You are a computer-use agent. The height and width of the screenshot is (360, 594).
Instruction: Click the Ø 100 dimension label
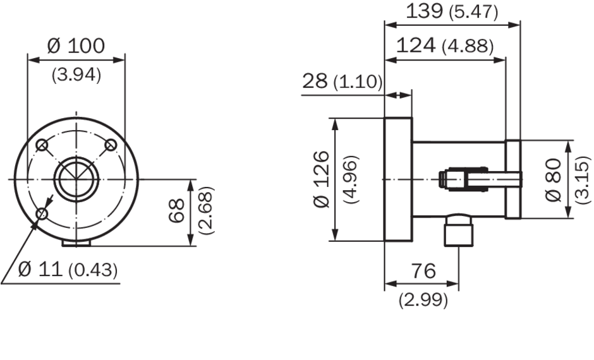pyautogui.click(x=76, y=45)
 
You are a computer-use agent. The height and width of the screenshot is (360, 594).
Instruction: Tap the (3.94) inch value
pyautogui.click(x=76, y=75)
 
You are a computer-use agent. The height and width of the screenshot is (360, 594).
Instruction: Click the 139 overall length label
pyautogui.click(x=425, y=11)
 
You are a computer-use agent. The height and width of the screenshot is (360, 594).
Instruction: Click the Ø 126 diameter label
pyautogui.click(x=322, y=179)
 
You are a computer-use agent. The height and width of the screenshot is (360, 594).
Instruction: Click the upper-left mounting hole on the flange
pyautogui.click(x=42, y=145)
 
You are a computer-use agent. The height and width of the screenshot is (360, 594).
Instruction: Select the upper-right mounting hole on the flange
pyautogui.click(x=111, y=145)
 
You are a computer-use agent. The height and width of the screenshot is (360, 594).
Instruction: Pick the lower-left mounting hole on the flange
pyautogui.click(x=42, y=214)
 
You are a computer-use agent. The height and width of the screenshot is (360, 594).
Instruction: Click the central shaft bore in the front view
pyautogui.click(x=76, y=179)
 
